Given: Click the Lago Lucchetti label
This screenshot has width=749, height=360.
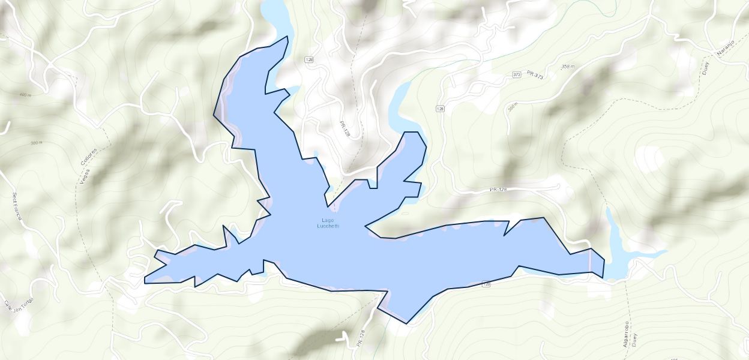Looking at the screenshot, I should [328, 223].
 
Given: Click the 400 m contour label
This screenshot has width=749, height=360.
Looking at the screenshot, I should [25, 95].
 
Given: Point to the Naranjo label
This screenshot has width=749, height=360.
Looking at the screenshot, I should [725, 47].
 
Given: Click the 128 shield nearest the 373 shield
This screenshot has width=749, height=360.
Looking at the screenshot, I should [441, 109].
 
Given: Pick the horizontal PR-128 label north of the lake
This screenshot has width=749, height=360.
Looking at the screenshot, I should [498, 190].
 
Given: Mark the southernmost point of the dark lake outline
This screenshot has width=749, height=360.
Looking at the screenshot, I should [407, 324].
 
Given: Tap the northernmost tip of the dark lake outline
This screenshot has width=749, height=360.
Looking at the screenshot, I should [287, 36].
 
